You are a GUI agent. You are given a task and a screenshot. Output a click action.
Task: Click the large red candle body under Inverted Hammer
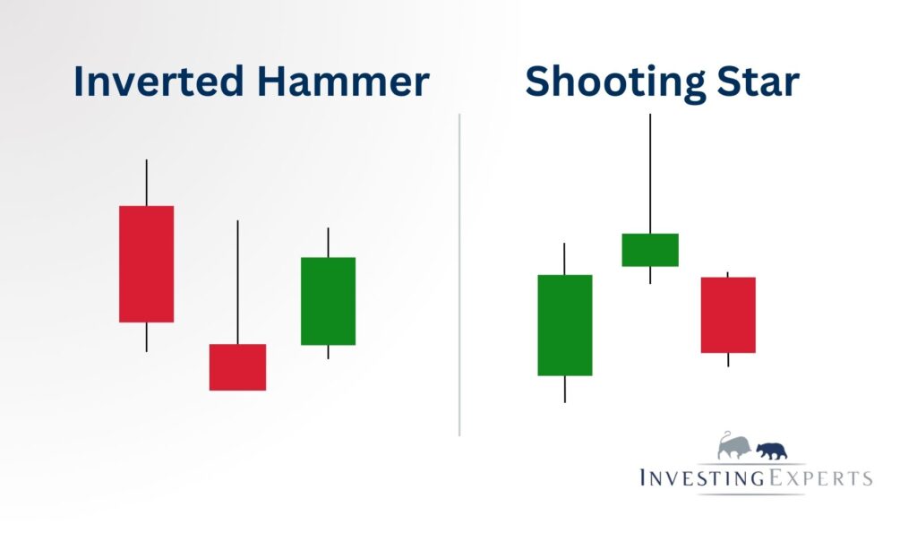pos(146,263)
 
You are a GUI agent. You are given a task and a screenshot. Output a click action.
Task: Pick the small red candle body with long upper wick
pos(237,366)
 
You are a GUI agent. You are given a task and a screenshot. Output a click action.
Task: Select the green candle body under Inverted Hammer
pos(328,301)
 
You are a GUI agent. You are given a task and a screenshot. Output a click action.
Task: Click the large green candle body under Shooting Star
pos(564,324)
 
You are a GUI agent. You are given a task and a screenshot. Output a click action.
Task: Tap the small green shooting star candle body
pos(649,249)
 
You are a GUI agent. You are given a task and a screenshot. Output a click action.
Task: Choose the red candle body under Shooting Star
pos(728,314)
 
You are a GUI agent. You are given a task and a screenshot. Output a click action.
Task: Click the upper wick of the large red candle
pos(146,183)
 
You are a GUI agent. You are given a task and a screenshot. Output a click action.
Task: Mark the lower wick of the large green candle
pos(564,389)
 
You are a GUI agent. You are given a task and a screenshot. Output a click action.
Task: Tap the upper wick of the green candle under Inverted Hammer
pos(328,242)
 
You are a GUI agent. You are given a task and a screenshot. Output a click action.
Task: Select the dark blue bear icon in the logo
pos(771,450)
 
